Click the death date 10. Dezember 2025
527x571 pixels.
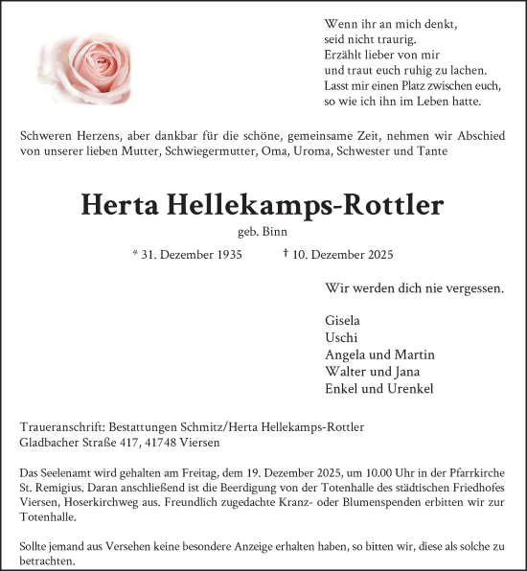tap(344, 254)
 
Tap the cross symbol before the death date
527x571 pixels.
tap(286, 253)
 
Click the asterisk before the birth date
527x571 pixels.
tap(135, 254)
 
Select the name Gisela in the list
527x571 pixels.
tap(343, 320)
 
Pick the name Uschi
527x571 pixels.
tap(341, 337)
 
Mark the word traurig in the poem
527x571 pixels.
tap(393, 39)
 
